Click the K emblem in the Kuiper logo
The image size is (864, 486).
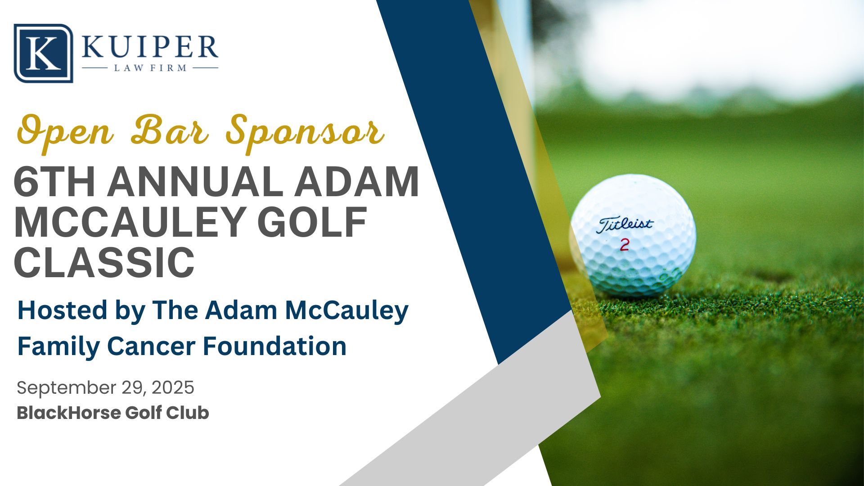click(43, 53)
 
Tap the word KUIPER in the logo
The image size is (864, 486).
click(150, 47)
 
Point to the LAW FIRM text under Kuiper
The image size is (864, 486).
click(150, 68)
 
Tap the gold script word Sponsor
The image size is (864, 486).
click(305, 133)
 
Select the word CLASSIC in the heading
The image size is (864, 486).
click(104, 262)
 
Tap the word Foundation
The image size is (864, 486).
click(274, 346)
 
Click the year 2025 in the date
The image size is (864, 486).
click(173, 387)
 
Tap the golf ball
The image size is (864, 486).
click(633, 235)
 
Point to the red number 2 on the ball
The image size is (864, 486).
click(625, 245)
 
